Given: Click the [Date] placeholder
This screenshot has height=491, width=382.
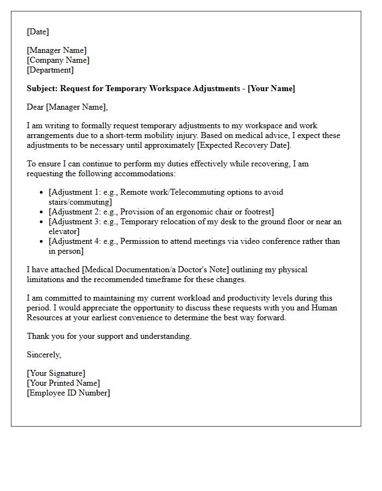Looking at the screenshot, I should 38,32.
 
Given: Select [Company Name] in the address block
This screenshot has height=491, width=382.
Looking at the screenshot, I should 58,60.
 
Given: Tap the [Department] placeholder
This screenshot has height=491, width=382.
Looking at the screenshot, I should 50,70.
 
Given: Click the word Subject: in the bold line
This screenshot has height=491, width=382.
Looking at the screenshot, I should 42,88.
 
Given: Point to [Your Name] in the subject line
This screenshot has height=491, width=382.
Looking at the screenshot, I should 271,88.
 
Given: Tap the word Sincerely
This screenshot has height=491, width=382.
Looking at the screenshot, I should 44,355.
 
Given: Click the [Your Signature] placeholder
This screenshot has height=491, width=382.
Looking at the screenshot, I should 56,373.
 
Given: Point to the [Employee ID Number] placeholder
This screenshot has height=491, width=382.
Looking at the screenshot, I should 68,393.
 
